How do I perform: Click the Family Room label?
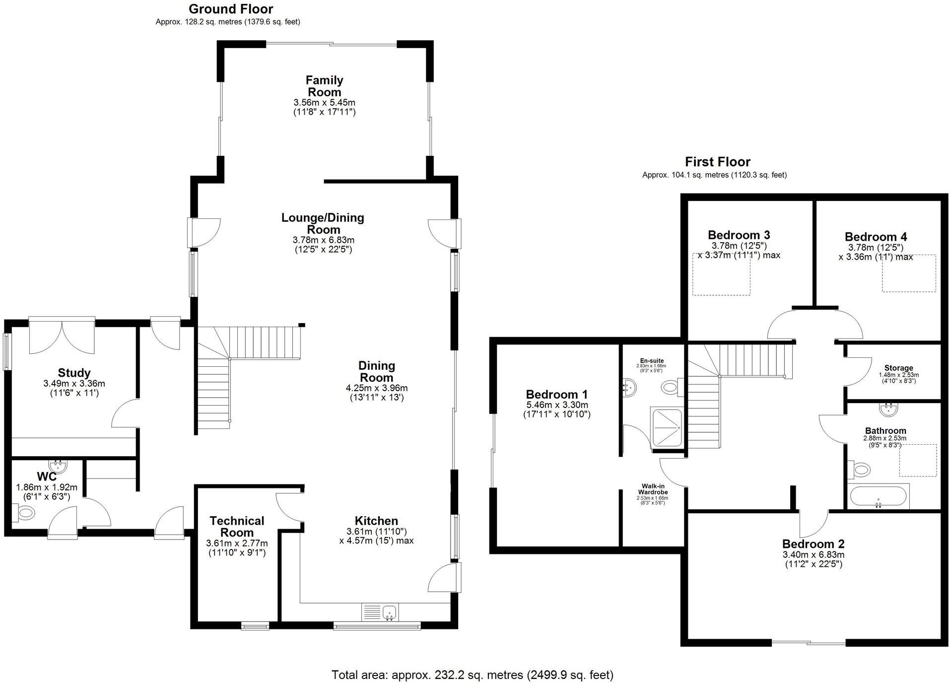coord(325,86)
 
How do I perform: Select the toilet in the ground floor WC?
coord(23,512)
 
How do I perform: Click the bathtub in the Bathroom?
coord(879,496)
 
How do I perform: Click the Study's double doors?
coord(62,336)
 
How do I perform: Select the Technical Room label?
coord(237,527)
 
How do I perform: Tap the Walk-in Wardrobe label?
coord(653,489)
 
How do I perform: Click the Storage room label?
coord(898,368)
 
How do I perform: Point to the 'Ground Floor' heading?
coord(231,9)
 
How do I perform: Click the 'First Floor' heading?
coord(717,162)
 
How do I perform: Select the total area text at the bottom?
coord(473,675)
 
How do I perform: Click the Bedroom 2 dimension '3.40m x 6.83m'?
coord(813,555)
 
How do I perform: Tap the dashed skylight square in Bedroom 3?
coord(721,274)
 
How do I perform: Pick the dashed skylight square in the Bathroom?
coord(918,460)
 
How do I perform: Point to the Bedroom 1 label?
coord(557,395)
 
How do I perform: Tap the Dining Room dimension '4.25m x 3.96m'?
coord(377,388)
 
